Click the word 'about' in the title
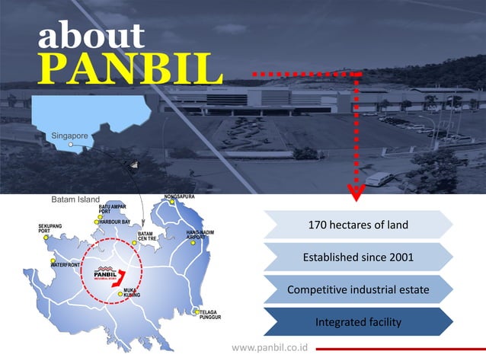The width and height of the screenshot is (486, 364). pyautogui.click(x=91, y=36)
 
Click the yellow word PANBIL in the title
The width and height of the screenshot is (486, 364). pyautogui.click(x=130, y=69)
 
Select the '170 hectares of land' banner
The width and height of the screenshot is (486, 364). pyautogui.click(x=357, y=225)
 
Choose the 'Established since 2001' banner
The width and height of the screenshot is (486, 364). pyautogui.click(x=357, y=257)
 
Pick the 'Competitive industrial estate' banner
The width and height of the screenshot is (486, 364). pyautogui.click(x=357, y=290)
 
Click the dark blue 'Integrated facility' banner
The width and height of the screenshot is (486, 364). pyautogui.click(x=357, y=322)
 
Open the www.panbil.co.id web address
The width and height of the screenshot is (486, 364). pyautogui.click(x=269, y=347)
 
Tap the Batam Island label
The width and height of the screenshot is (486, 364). pyautogui.click(x=75, y=200)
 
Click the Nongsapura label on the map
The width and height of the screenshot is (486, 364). pyautogui.click(x=180, y=197)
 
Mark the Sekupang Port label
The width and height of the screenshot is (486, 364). pyautogui.click(x=51, y=229)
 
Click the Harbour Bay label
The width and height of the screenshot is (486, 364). pyautogui.click(x=114, y=222)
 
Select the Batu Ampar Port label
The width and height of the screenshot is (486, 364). pyautogui.click(x=112, y=209)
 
